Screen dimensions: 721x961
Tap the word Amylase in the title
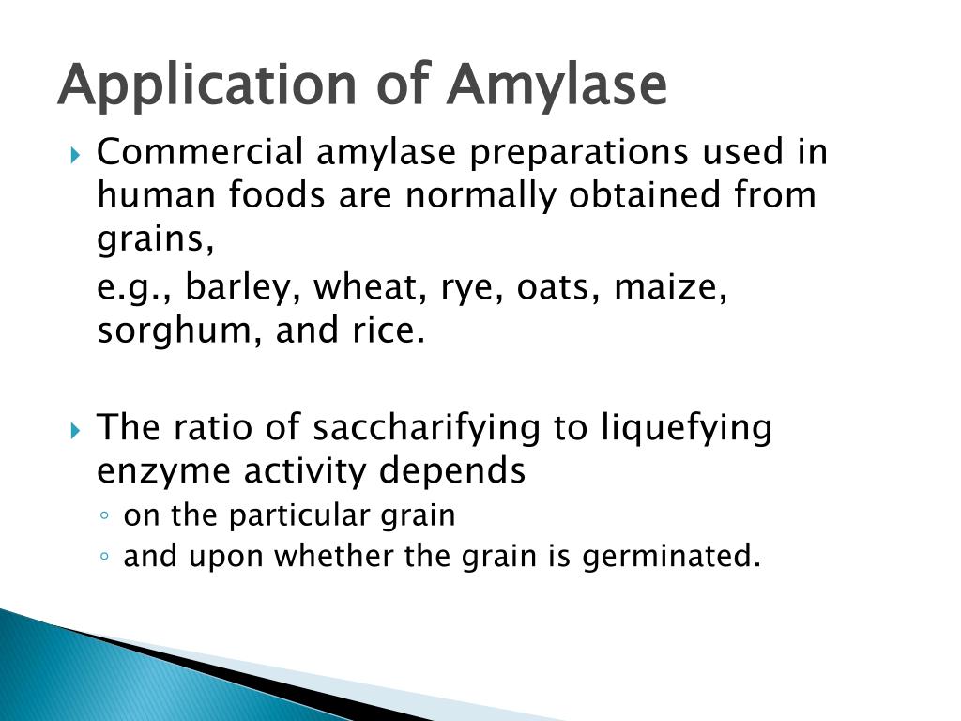click(x=557, y=85)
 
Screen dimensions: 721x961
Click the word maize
click(x=670, y=288)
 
